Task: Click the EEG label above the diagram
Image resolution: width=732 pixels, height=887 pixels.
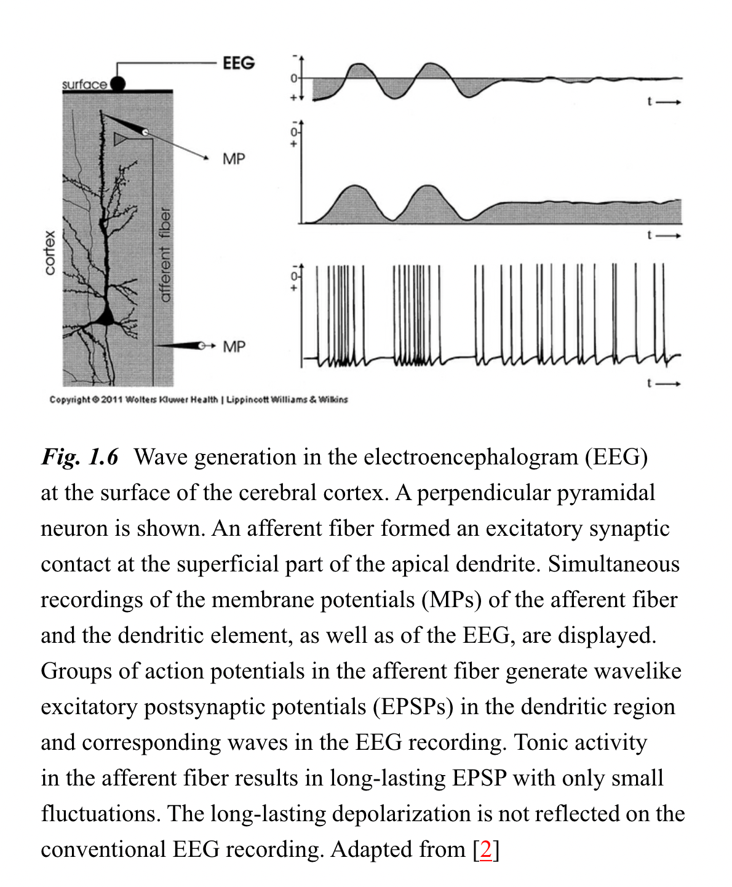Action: coord(239,63)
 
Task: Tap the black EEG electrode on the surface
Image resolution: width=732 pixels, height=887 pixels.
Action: coord(117,83)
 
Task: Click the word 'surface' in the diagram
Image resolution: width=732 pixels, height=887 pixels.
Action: coord(84,84)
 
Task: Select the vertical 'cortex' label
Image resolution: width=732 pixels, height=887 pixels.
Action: coord(50,252)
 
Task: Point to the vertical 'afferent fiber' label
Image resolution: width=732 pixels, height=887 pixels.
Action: coord(164,255)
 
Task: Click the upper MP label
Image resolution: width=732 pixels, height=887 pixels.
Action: coord(234,159)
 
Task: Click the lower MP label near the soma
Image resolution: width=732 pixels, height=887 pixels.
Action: coord(234,346)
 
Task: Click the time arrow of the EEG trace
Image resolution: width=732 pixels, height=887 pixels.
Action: coord(664,102)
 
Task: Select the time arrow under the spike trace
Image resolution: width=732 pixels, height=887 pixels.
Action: coord(664,383)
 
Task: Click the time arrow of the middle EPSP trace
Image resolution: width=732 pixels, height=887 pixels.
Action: coord(664,235)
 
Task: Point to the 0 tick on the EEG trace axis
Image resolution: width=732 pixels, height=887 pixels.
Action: coord(294,78)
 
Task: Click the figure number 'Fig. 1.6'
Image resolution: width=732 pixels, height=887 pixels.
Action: coord(80,457)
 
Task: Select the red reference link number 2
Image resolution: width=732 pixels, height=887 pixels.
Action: coord(486,849)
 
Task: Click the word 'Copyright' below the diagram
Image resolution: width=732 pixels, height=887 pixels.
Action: coord(70,400)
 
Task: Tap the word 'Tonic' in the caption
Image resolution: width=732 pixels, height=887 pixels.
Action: coord(539,742)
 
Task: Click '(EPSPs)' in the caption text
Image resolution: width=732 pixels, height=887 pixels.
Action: coord(413,707)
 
